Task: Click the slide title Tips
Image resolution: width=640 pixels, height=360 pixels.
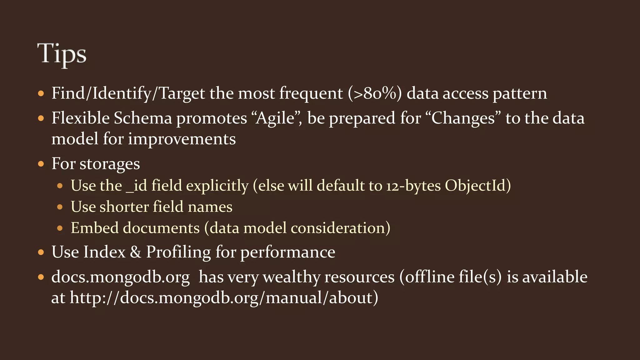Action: point(62,54)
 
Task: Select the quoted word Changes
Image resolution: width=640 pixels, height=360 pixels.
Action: point(463,118)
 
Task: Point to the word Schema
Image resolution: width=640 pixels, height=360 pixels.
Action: point(143,118)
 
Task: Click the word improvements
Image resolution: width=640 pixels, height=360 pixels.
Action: point(182,139)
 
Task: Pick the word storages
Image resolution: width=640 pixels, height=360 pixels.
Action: point(110,164)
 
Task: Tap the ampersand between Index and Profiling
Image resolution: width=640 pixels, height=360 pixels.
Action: point(135,252)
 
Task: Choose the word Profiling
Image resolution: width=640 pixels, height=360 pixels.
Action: point(178,252)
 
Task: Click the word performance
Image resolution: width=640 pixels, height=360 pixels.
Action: point(287,252)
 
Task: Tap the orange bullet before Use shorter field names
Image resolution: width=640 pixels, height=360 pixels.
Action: point(60,207)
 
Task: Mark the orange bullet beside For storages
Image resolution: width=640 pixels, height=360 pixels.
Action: point(41,164)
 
